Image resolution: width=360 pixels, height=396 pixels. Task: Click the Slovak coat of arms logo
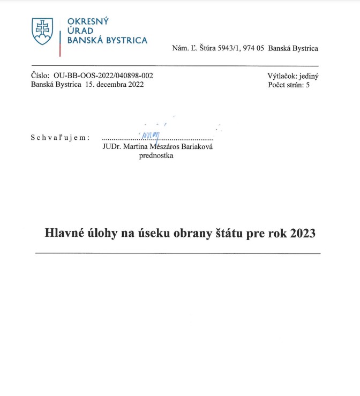[42, 31]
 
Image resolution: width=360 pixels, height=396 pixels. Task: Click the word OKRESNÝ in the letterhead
[88, 21]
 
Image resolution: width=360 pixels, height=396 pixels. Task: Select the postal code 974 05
[252, 48]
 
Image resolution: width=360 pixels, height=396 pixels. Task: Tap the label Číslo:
[40, 76]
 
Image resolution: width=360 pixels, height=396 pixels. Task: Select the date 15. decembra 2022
[114, 85]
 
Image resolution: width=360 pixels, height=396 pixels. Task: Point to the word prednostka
[156, 156]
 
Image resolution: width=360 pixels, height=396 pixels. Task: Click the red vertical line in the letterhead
[59, 43]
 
